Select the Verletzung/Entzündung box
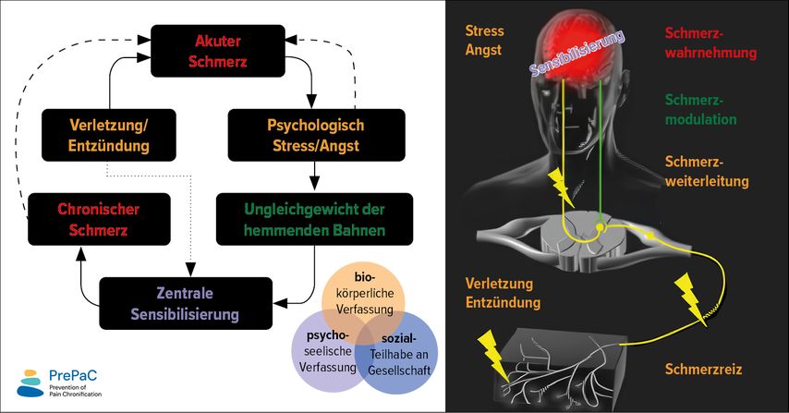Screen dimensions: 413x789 [x=109, y=134]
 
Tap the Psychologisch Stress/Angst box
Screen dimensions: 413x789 [x=315, y=134]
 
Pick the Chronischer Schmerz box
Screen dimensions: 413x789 [x=84, y=218]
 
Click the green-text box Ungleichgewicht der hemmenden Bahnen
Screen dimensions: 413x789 [x=314, y=218]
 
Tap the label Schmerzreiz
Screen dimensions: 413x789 [x=704, y=370]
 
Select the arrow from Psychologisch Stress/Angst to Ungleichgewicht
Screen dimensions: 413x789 [x=316, y=173]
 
